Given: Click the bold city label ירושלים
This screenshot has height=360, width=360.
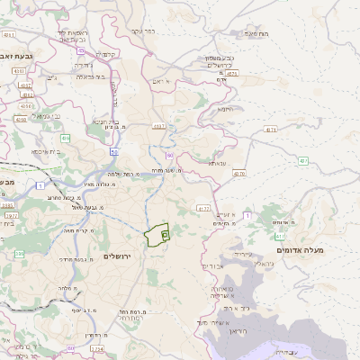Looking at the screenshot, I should point(117,256).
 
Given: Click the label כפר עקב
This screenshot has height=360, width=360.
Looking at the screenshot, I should point(142,31).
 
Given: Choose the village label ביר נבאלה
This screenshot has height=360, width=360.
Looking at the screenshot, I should point(89,76).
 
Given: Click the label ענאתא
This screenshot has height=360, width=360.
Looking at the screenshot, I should point(216,163).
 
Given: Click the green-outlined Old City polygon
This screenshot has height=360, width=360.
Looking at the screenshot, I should point(157,235).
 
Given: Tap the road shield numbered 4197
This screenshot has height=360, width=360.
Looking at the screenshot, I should point(158,127).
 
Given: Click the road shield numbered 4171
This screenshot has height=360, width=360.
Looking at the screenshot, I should point(270,130).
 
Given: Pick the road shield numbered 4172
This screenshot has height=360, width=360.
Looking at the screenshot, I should point(202,208).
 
